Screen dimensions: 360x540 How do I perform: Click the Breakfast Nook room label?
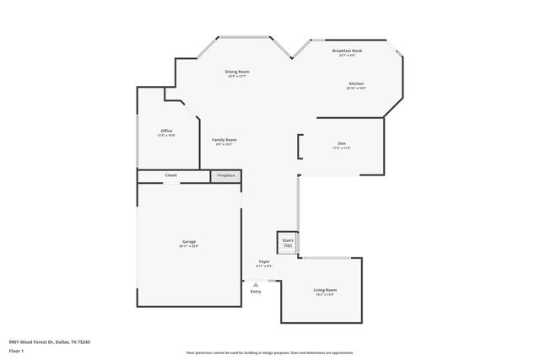point(348,51)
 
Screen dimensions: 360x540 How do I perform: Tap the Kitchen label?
point(356,83)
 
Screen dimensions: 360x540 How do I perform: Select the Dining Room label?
point(237,72)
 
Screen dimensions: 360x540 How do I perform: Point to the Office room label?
point(166,130)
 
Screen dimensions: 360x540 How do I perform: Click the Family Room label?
point(224,139)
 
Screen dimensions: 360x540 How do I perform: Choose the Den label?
point(342,143)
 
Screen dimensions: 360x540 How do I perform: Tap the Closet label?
point(170,175)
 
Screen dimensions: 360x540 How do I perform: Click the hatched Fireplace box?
point(225,175)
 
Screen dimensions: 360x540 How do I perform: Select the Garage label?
point(188,242)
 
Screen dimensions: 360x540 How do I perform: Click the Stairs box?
point(288,242)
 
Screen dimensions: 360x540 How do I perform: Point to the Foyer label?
point(264,262)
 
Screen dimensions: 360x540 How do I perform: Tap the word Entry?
point(256,292)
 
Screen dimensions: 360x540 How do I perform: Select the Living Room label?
point(326,290)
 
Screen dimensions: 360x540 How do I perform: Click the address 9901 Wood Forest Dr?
point(50,341)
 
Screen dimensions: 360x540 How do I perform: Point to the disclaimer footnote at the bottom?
point(270,352)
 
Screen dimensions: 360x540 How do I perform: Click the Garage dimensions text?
point(188,246)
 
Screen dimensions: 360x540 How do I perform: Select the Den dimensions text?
point(342,148)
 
